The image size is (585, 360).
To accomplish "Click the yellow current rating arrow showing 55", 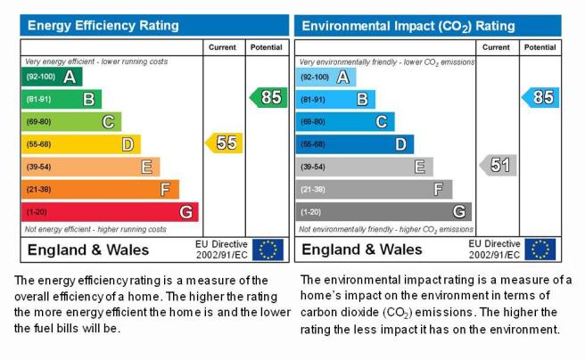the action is (224, 143).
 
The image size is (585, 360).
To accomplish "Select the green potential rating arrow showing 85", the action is (268, 98).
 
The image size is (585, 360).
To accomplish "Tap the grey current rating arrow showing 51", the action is (498, 165).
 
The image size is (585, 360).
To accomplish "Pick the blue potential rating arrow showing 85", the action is (540, 98).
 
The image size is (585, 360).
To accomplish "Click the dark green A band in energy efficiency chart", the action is (52, 77).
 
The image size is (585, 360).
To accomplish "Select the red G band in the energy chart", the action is (110, 212).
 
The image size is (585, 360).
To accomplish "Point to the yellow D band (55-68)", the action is (81, 144).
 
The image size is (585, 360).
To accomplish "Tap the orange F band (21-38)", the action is (100, 189).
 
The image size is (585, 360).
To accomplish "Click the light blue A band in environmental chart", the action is (325, 78).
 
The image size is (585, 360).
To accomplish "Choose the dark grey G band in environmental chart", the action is (383, 212).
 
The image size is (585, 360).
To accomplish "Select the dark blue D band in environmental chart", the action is (355, 144).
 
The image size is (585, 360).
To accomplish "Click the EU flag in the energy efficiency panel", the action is (268, 250).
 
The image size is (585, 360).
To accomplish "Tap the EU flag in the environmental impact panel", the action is (540, 250).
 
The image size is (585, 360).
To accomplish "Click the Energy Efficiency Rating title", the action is (103, 25).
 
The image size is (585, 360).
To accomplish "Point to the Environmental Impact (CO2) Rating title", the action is (408, 26).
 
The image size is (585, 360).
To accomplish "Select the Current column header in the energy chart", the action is (222, 47).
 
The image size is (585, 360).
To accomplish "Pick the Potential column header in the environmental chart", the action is (540, 47).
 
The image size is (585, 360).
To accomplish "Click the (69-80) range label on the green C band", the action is (39, 122).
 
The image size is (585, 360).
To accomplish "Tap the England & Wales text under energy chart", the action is (88, 250).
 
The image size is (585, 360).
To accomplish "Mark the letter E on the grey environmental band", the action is (420, 167).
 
